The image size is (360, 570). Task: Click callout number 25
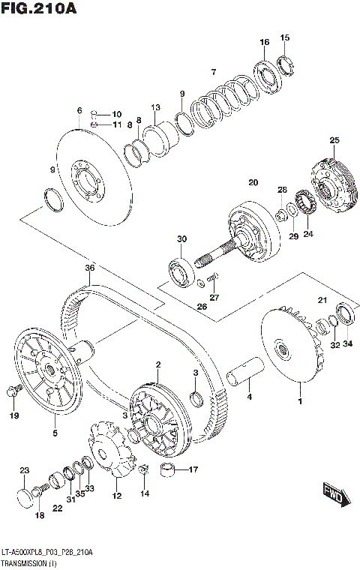334,140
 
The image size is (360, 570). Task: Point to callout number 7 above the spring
213,73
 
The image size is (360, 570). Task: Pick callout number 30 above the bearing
181,239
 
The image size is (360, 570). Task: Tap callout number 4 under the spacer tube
250,397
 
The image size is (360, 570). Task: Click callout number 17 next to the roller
193,471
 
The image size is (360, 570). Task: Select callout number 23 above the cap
23,470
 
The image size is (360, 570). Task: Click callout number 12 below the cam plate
116,496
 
